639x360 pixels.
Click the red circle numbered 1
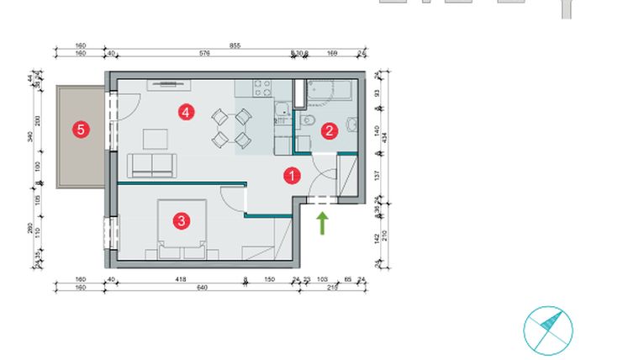pos(292,176)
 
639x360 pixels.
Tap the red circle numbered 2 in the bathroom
pos(330,130)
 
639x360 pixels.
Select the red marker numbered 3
pos(180,221)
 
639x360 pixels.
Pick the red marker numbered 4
pos(187,111)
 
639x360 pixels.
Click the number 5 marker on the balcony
pos(81,130)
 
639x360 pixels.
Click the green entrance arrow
pos(322,222)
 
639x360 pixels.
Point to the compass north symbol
pos(547,330)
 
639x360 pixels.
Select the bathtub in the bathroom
pos(334,89)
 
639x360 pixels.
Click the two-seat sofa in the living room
pos(151,165)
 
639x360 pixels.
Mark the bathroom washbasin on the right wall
pos(354,129)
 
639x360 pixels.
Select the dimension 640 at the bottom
pos(202,287)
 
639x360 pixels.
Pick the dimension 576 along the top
pos(204,54)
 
